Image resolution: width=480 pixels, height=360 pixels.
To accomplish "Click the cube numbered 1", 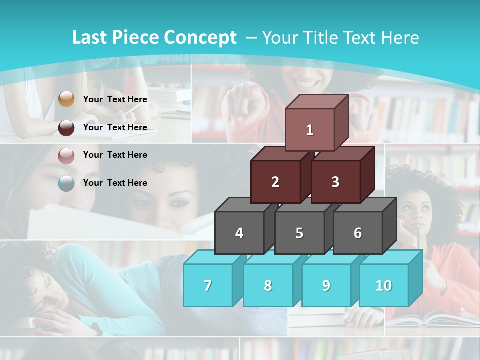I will click(310, 130).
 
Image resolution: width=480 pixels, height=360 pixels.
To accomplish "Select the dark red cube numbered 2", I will click(275, 182).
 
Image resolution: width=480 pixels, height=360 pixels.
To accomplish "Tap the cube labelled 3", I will click(335, 182).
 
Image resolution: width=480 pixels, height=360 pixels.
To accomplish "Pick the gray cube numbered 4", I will click(239, 233).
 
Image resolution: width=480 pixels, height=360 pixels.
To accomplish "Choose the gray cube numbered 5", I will click(299, 233).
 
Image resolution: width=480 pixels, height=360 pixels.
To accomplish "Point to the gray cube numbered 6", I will click(358, 233).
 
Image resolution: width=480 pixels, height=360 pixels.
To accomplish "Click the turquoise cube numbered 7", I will click(208, 285).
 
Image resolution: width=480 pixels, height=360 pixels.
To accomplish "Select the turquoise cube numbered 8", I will click(268, 285).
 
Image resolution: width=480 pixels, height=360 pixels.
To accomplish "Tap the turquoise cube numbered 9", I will click(326, 285).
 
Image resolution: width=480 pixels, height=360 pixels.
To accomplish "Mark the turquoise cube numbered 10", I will click(384, 285).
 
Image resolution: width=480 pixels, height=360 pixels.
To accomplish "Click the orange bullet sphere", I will click(66, 99).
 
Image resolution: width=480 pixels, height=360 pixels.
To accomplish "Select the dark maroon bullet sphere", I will click(66, 127).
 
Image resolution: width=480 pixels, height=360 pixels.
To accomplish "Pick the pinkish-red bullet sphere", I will click(66, 155).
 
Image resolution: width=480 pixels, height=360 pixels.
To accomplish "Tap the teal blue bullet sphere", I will click(66, 183).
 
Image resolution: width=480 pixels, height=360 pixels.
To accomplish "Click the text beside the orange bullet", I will click(115, 99).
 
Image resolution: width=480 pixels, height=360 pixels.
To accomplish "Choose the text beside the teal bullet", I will click(115, 183).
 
